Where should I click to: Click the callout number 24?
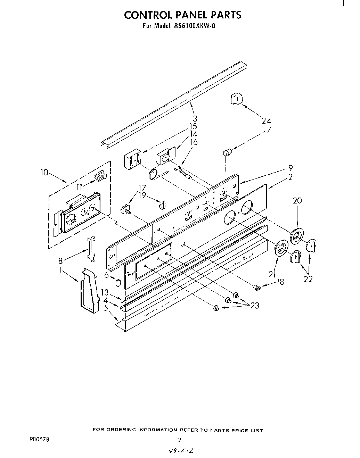pyautogui.click(x=267, y=121)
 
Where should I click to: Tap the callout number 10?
pyautogui.click(x=44, y=172)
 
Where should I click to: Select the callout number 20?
pyautogui.click(x=297, y=200)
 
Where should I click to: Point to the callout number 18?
pyautogui.click(x=280, y=282)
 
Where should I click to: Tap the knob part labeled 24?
pyautogui.click(x=236, y=99)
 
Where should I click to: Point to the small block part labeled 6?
pyautogui.click(x=118, y=283)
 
